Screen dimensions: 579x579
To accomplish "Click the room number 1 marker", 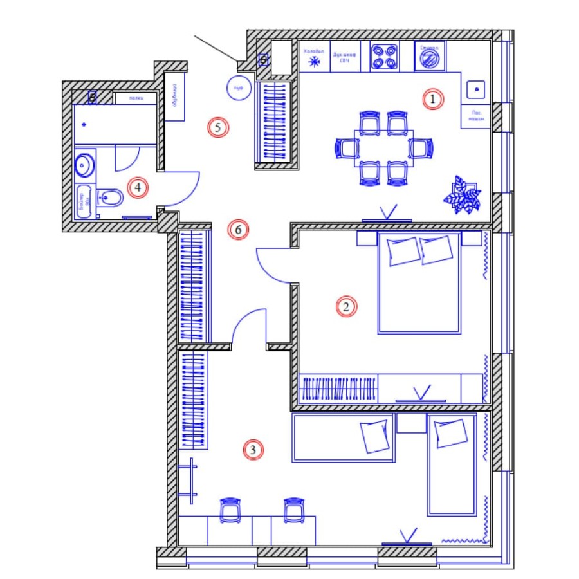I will click(433, 100).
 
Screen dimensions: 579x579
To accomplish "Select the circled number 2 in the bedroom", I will click(345, 307).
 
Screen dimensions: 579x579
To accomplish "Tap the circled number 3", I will click(253, 450).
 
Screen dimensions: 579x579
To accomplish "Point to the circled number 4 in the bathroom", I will click(137, 188).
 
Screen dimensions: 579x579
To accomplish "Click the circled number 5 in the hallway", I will click(218, 127).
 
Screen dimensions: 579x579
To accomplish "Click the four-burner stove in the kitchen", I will click(385, 56).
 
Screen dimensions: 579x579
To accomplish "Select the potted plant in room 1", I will click(463, 194).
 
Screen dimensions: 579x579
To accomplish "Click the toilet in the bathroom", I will click(110, 198).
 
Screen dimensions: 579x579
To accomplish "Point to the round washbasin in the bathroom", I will click(84, 165).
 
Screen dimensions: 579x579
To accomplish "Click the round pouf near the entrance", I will click(237, 86).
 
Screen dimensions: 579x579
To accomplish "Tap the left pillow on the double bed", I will click(403, 251).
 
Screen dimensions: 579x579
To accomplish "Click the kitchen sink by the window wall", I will click(475, 88).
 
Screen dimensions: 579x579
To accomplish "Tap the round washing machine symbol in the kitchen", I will click(428, 59).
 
